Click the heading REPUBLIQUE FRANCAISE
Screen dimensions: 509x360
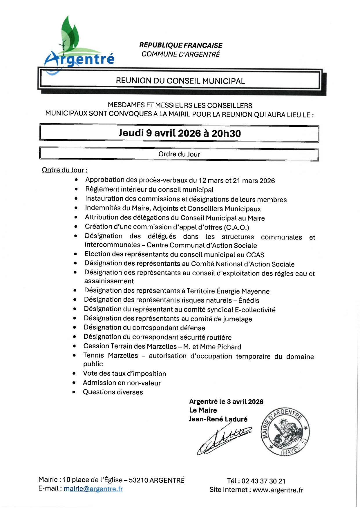tap(180, 45)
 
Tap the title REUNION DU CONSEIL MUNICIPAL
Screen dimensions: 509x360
tap(180, 81)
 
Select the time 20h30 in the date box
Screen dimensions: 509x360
tap(226, 133)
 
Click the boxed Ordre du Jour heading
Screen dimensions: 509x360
tap(179, 154)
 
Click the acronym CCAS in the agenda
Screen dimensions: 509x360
tap(255, 255)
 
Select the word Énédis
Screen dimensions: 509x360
tap(249, 300)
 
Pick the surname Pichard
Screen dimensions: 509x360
tap(229, 347)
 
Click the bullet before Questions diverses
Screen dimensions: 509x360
tap(74, 392)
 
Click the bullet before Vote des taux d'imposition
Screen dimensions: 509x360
tap(74, 374)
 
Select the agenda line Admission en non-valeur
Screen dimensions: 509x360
tap(122, 383)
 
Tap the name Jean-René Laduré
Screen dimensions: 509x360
tap(218, 419)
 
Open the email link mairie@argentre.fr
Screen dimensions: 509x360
tap(93, 489)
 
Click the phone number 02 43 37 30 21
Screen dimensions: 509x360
tap(263, 481)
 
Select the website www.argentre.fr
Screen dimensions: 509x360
tap(278, 490)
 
